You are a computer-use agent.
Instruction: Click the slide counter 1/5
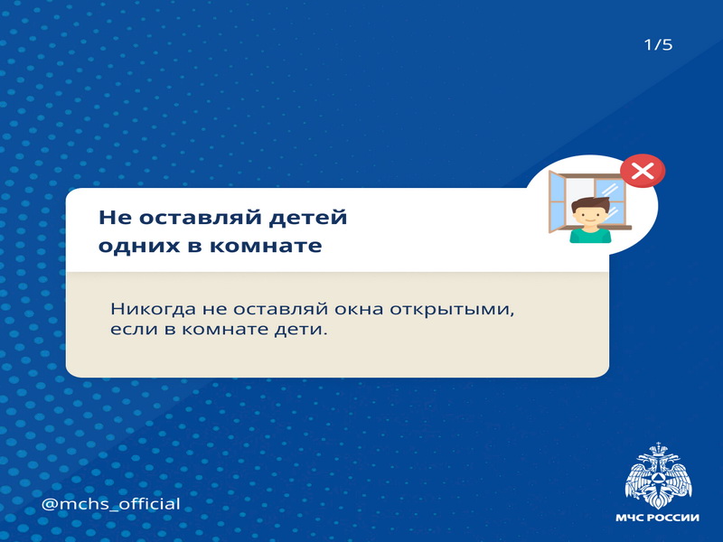pyautogui.click(x=658, y=44)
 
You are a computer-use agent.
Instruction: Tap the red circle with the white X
pyautogui.click(x=643, y=171)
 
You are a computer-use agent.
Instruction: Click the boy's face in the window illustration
pyautogui.click(x=590, y=216)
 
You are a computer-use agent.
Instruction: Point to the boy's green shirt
pyautogui.click(x=590, y=235)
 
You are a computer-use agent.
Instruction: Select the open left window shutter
pyautogui.click(x=557, y=201)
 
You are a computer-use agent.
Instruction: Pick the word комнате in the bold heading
pyautogui.click(x=266, y=246)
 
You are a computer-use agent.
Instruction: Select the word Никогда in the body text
pyautogui.click(x=153, y=309)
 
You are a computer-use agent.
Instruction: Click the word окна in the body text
pyautogui.click(x=359, y=309)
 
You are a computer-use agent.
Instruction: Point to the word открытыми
pyautogui.click(x=452, y=310)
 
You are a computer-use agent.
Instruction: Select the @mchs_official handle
pyautogui.click(x=110, y=504)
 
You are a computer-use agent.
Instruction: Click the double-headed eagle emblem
pyautogui.click(x=658, y=475)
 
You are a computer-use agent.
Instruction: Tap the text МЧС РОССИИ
pyautogui.click(x=658, y=518)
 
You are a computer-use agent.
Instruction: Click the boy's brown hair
pyautogui.click(x=591, y=204)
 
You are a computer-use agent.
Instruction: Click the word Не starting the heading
pyautogui.click(x=116, y=217)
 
